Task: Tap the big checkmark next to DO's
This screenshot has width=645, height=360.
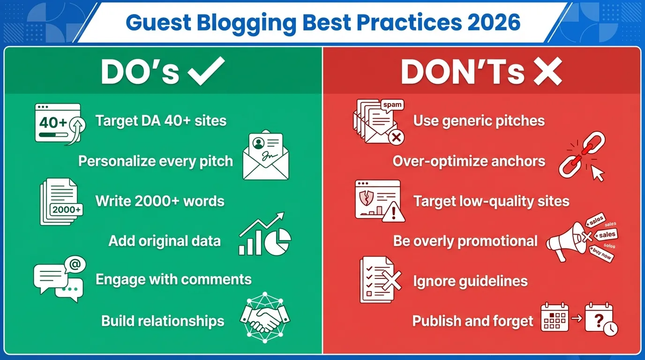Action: tap(206, 71)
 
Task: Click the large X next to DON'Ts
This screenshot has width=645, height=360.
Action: tap(547, 71)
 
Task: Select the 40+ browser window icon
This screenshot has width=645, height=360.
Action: tap(58, 123)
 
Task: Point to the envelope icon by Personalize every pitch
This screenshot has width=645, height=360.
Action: tap(265, 156)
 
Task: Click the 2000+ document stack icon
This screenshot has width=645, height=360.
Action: tap(61, 202)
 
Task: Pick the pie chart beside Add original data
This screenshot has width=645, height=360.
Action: tap(278, 241)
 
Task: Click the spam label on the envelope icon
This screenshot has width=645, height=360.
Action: tap(392, 105)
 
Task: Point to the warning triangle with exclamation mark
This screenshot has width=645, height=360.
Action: tap(393, 213)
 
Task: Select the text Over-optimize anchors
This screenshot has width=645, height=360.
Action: tap(469, 161)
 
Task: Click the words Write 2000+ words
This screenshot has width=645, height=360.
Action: tap(160, 201)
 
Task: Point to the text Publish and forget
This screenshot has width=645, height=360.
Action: tap(472, 321)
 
